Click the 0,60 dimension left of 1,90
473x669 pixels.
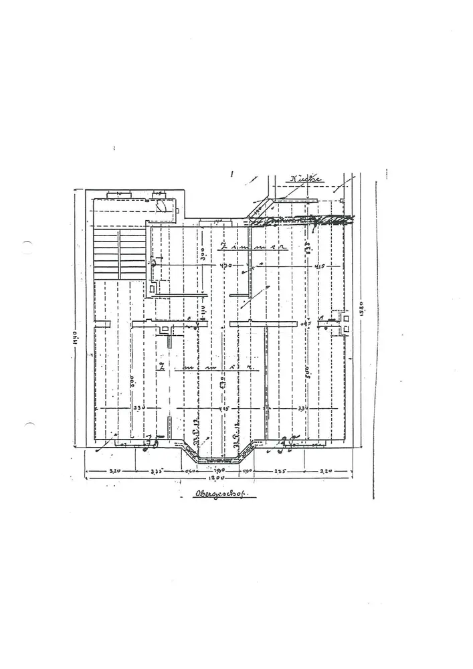click(190, 470)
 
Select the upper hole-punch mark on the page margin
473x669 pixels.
click(27, 247)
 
